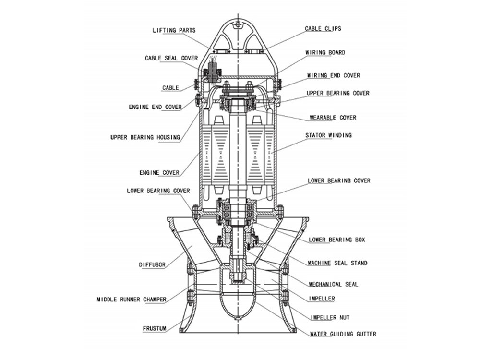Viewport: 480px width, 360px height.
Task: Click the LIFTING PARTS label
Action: coord(174,30)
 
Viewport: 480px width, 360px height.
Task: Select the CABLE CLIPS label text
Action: coord(323,29)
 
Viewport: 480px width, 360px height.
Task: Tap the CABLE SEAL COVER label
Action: coord(171,58)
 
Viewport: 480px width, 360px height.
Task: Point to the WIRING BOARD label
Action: coord(325,53)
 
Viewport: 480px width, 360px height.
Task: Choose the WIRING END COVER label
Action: coord(333,75)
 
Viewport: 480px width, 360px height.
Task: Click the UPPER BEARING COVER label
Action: coord(338,93)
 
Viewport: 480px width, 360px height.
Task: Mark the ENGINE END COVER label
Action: coord(155,107)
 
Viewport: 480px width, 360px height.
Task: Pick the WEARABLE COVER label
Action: coord(333,118)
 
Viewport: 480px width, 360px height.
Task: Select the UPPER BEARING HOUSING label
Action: coord(145,137)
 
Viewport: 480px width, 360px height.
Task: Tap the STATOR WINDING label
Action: coord(328,135)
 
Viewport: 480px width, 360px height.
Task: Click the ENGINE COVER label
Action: coord(159,172)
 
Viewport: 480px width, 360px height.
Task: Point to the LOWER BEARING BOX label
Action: coord(336,239)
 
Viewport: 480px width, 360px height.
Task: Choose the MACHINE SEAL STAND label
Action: coord(337,263)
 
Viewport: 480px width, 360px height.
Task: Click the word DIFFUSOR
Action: coord(153,264)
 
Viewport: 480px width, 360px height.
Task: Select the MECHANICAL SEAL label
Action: coord(333,284)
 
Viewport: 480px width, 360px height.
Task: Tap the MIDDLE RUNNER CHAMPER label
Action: coord(132,300)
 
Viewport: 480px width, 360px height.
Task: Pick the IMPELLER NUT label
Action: coord(330,317)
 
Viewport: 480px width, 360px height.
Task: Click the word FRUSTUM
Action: coord(155,329)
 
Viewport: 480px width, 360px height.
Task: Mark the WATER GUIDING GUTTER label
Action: coord(343,334)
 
